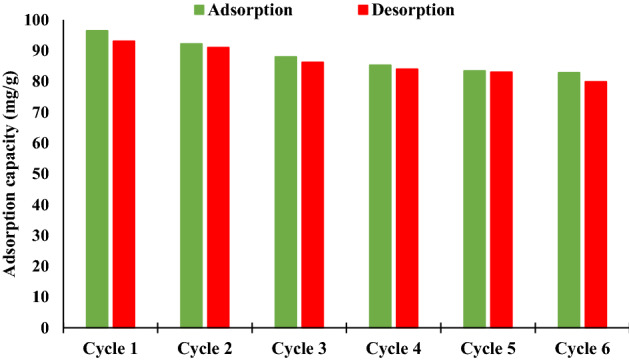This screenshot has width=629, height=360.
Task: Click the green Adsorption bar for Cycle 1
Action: [97, 180]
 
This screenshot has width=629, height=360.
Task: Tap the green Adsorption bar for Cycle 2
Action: [191, 186]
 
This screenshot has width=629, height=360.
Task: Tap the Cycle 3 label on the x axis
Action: [299, 347]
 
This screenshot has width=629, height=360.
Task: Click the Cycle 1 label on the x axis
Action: [110, 347]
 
